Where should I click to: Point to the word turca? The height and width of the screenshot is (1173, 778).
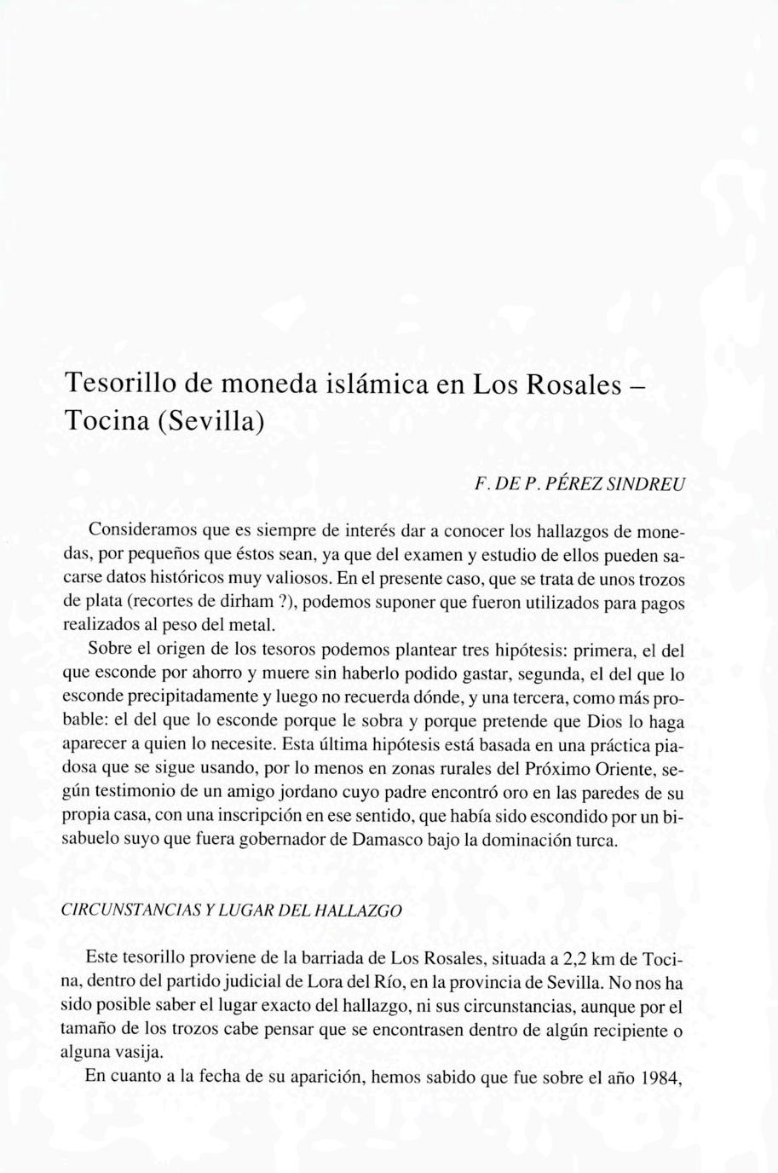pyautogui.click(x=596, y=839)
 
